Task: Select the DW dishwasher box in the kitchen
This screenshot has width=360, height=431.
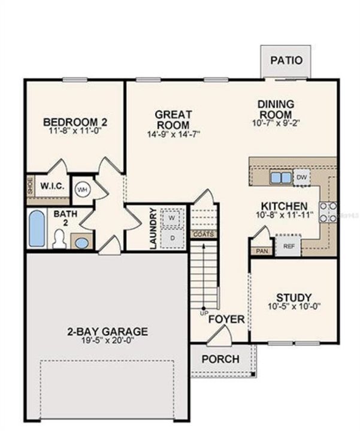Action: (302, 177)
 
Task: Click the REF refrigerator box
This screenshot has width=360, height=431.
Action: (288, 245)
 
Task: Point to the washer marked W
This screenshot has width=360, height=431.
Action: (172, 218)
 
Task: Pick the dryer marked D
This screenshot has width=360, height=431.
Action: (172, 238)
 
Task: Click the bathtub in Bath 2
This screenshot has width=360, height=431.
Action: (37, 228)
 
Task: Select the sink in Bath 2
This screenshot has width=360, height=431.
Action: (81, 242)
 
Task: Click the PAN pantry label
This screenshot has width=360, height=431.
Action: (261, 251)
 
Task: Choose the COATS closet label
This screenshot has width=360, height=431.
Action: (202, 234)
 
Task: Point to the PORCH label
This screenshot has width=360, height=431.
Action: (220, 360)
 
